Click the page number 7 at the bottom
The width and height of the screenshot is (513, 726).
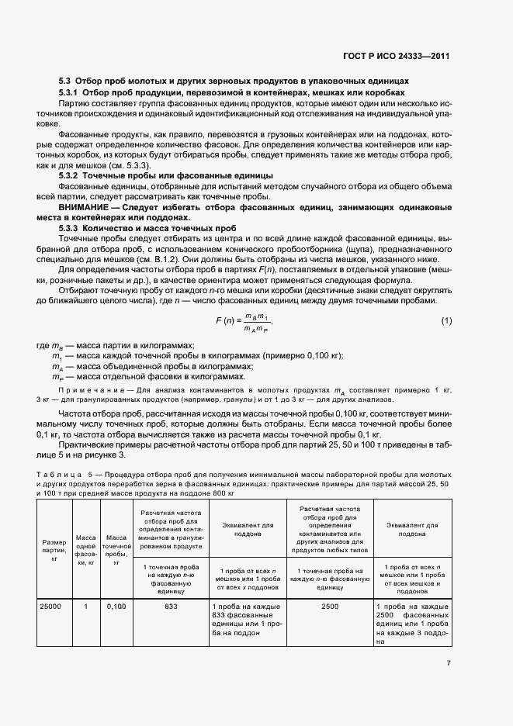tap(449, 662)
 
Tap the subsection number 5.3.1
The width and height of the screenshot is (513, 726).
tap(68, 92)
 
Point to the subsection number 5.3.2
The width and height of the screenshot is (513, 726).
tap(68, 176)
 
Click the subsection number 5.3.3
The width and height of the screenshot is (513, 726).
tap(68, 229)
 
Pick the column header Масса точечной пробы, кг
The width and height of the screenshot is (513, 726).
tap(116, 547)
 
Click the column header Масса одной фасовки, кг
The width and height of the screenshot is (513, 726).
tap(85, 547)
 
